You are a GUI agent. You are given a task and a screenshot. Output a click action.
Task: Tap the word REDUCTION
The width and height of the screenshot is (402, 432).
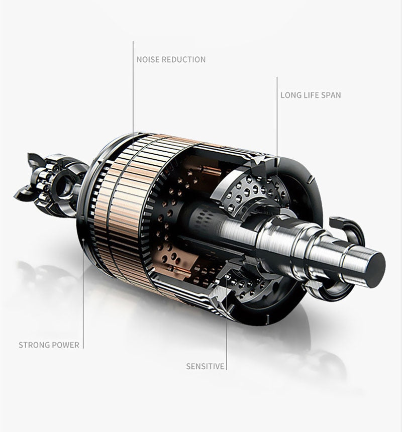coord(183,59)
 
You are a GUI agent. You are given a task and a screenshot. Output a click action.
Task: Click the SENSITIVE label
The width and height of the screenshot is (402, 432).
coord(205,366)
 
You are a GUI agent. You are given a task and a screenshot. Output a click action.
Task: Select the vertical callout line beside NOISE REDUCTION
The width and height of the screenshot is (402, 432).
coord(133,95)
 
